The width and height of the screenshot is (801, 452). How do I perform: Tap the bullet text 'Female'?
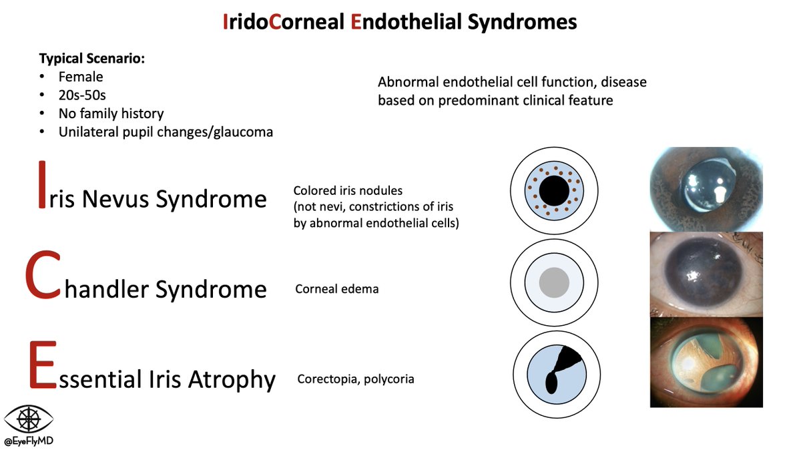[81, 77]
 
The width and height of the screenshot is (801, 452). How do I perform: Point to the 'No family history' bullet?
[111, 114]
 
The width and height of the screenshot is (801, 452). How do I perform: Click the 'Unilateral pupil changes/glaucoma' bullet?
[166, 132]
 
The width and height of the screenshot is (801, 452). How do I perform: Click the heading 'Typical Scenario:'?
[92, 59]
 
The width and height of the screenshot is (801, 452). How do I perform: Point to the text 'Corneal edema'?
[336, 289]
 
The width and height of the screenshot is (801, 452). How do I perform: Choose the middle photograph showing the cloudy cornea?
[706, 274]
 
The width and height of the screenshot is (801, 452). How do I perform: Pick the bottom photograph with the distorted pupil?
[706, 362]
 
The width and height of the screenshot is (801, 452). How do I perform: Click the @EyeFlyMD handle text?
[29, 442]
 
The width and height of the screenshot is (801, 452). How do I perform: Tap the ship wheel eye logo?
[29, 419]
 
